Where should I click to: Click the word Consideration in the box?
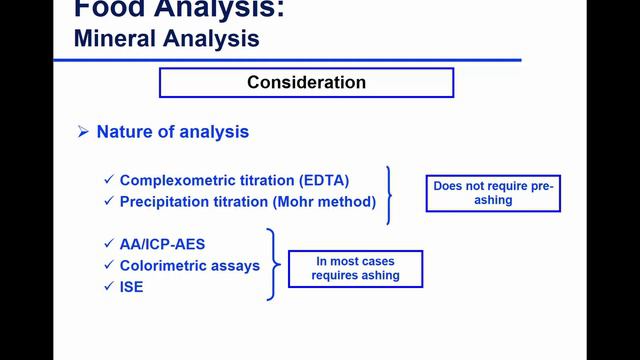(x=306, y=82)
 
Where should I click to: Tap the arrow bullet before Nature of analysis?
(x=84, y=133)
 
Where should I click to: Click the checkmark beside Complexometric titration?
(x=109, y=181)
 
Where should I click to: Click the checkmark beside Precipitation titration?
(x=109, y=202)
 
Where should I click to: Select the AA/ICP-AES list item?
(x=164, y=245)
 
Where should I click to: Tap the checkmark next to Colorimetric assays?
(x=109, y=266)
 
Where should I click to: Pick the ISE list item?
(x=133, y=287)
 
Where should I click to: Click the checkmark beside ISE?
(x=109, y=287)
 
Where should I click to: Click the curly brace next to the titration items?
(x=391, y=193)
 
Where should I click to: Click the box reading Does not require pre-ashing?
(x=493, y=193)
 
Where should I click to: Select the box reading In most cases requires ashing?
(x=355, y=268)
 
